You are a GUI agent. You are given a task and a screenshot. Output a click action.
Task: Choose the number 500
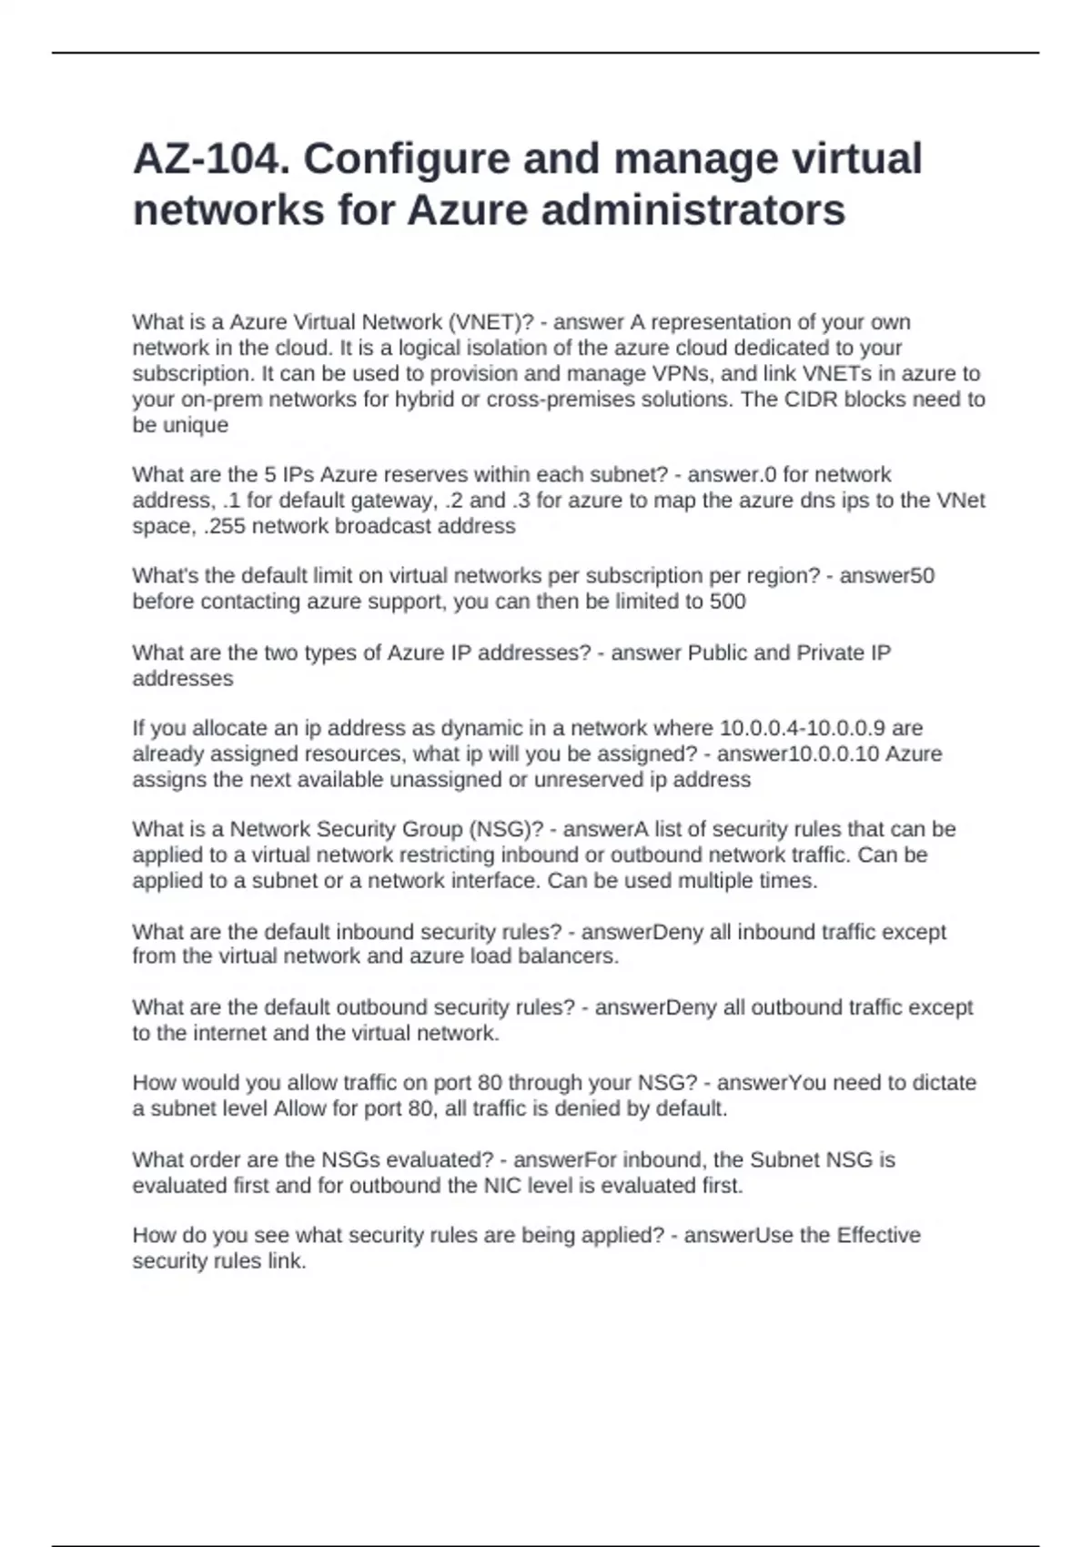point(727,602)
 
